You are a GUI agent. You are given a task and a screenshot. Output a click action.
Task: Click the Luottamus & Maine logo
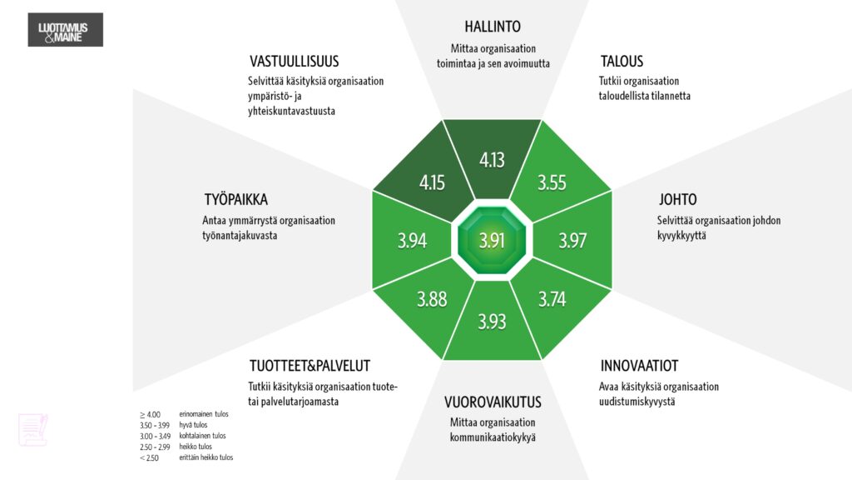[x=64, y=30]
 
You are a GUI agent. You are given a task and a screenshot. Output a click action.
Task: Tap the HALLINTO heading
[x=493, y=27]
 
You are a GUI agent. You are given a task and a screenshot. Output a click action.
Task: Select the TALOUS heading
[x=622, y=62]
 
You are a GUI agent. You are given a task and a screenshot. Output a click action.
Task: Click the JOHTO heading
[x=677, y=200]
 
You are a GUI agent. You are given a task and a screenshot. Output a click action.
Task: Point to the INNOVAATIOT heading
[x=639, y=366]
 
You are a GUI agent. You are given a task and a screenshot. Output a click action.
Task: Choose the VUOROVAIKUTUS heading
[x=493, y=402]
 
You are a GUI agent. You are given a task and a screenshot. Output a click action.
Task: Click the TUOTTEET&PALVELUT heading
[x=310, y=366]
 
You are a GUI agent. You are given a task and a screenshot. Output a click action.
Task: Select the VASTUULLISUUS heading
[x=294, y=62]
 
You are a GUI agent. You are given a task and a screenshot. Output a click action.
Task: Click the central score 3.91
[x=492, y=241]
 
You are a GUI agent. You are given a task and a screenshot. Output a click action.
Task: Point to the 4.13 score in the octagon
[x=492, y=159]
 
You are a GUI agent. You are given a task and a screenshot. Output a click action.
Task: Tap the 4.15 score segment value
[x=432, y=182]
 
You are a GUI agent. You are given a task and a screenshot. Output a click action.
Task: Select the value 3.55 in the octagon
[x=552, y=182]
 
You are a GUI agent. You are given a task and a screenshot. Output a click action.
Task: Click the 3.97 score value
[x=572, y=241]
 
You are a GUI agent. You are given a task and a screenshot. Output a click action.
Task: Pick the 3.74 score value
[x=552, y=298]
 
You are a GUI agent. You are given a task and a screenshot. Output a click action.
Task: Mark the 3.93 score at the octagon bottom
[x=492, y=321]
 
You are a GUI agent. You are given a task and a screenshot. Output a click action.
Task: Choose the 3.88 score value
[x=432, y=298]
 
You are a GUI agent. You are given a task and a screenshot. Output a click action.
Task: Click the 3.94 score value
[x=412, y=241]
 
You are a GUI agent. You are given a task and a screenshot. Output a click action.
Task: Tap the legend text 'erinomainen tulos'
[x=203, y=414]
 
